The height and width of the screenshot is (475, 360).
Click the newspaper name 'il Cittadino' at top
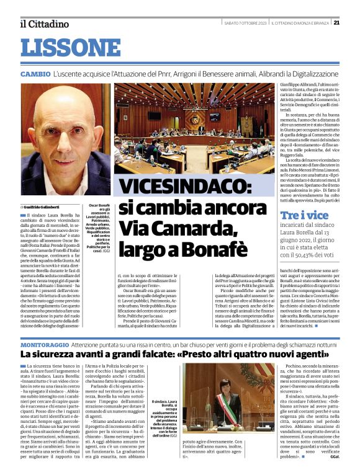click(x=43, y=24)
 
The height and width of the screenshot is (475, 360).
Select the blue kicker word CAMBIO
click(x=35, y=74)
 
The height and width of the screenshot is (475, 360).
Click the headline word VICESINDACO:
click(x=184, y=187)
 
